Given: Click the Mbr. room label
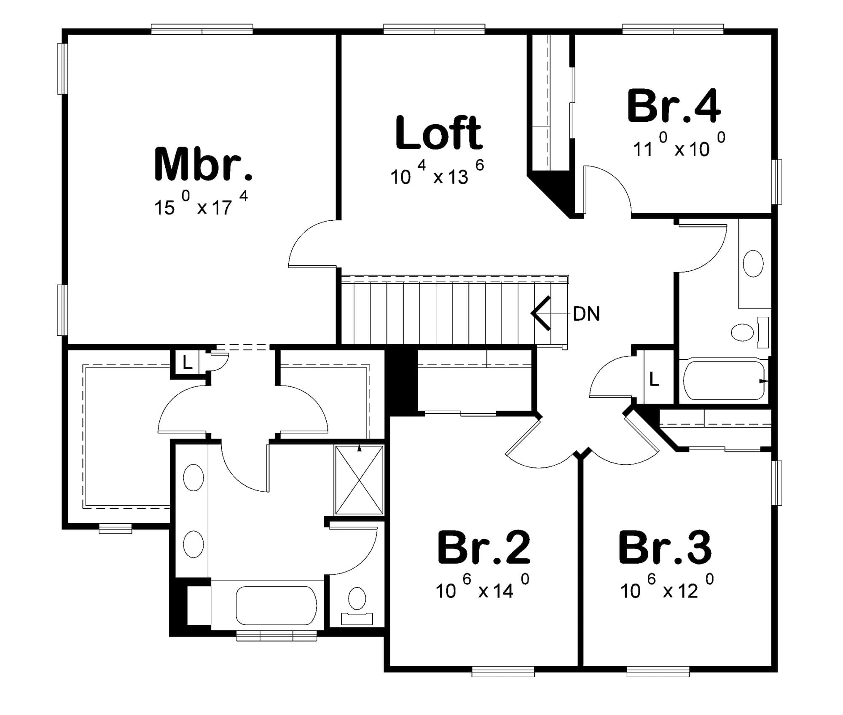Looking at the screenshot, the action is [204, 164].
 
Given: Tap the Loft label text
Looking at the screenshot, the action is [439, 133].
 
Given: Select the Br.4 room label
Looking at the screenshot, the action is [674, 106].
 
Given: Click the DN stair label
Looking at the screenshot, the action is [586, 314].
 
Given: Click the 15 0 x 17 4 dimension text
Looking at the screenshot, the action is [201, 204].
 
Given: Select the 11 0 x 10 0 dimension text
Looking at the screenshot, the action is [679, 145].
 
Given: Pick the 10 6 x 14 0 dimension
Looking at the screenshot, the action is [483, 586].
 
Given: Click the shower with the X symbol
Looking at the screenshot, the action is [359, 479].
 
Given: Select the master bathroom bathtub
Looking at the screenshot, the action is [276, 605].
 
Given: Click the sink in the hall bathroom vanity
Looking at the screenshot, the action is [753, 264].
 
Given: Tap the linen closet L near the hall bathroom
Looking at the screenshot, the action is [654, 379].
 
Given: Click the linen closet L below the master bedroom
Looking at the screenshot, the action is [187, 362].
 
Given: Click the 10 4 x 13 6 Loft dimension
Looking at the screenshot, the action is [437, 173].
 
